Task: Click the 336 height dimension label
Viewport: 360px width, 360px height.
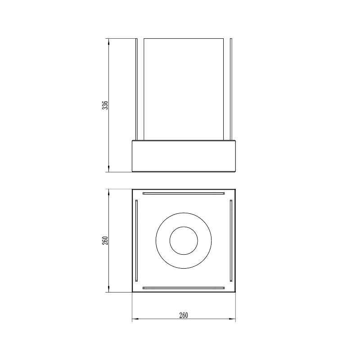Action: click(x=105, y=105)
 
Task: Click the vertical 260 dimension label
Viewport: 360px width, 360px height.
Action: click(x=105, y=240)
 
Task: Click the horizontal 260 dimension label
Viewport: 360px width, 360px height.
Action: click(x=184, y=315)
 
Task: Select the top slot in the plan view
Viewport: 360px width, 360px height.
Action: click(x=184, y=193)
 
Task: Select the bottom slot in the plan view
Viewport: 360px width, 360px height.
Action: click(x=184, y=288)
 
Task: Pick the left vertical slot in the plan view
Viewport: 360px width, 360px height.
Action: click(x=136, y=241)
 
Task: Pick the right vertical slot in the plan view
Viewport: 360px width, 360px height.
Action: click(x=231, y=241)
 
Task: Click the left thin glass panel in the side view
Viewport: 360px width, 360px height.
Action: click(x=136, y=89)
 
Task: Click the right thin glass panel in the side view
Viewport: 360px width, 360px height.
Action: click(x=231, y=89)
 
